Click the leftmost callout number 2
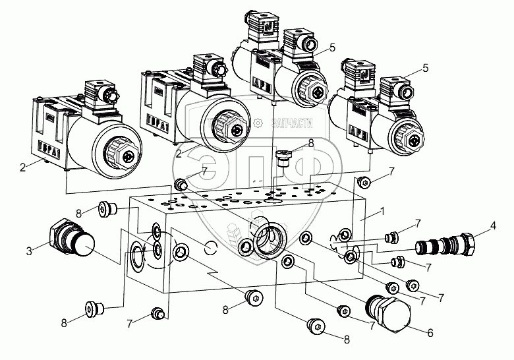click(x=22, y=167)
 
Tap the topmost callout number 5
click(x=333, y=48)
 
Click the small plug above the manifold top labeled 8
click(x=283, y=157)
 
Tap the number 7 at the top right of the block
click(x=392, y=171)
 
